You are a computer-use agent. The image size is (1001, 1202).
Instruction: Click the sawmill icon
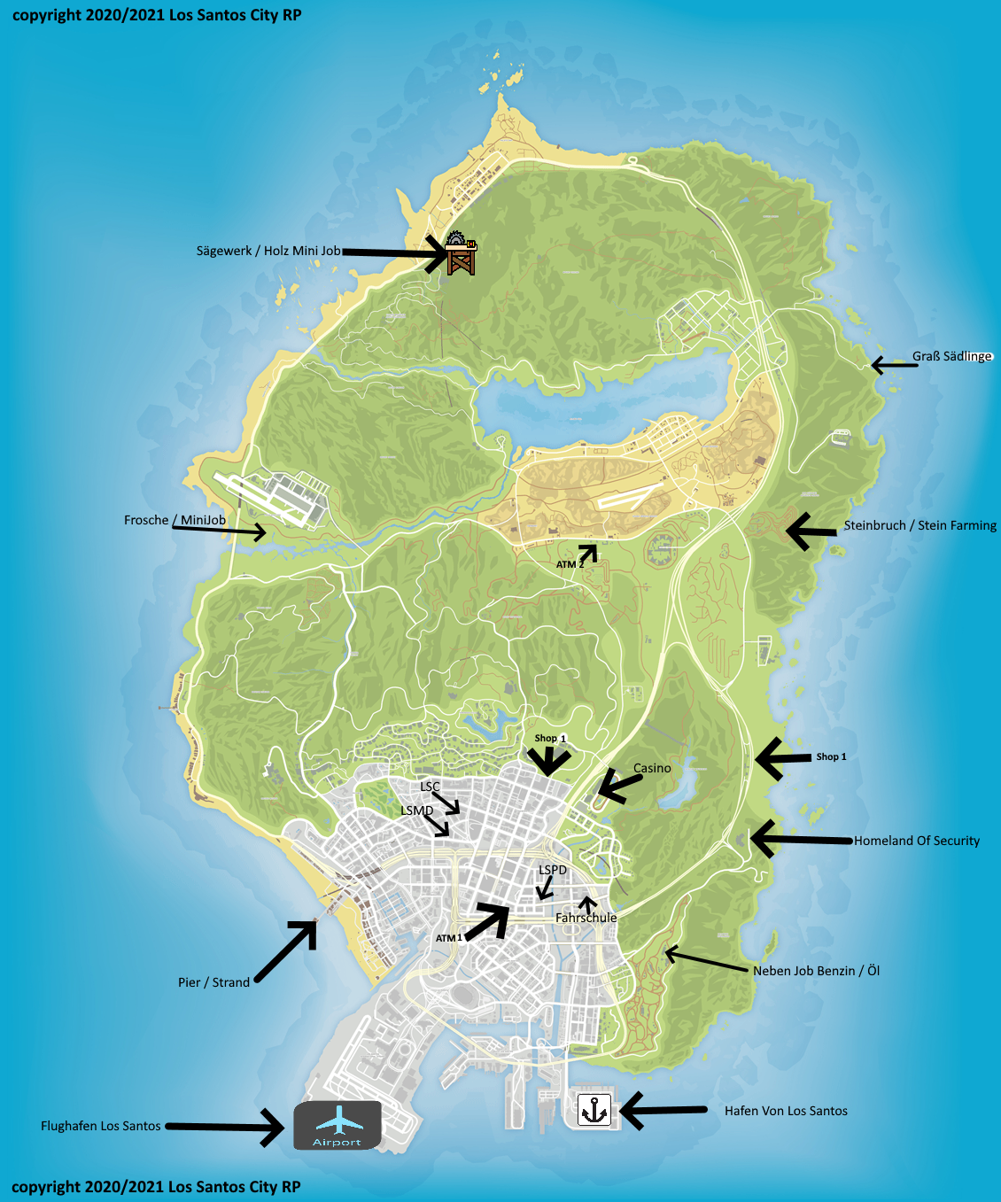click(461, 253)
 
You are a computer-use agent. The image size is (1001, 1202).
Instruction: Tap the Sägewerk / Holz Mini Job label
click(268, 251)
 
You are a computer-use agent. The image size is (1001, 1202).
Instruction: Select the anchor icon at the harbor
click(594, 1110)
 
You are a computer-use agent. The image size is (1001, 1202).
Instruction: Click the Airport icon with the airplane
click(338, 1125)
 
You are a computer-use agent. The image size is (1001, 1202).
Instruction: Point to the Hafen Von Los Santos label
click(786, 1111)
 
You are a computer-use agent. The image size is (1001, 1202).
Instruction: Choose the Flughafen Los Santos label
click(101, 1126)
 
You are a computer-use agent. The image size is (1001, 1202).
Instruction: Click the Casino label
click(652, 768)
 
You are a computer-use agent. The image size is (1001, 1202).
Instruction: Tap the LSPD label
click(553, 870)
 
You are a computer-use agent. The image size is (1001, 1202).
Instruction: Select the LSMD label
click(417, 810)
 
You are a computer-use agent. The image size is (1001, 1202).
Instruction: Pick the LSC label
click(430, 787)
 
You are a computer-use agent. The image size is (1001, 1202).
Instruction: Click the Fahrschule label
click(586, 918)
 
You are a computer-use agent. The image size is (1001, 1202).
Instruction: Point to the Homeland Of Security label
click(917, 841)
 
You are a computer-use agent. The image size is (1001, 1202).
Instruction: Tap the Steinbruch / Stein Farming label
click(920, 525)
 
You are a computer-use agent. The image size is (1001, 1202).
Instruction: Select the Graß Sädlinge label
click(952, 356)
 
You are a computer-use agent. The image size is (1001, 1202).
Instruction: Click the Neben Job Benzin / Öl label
click(816, 971)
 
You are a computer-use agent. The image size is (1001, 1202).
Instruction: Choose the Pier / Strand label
click(213, 982)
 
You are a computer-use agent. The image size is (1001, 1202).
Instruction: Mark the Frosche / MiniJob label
click(175, 520)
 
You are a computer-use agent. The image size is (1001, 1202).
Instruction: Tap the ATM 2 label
click(570, 564)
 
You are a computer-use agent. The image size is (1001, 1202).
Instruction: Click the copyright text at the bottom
click(157, 1187)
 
